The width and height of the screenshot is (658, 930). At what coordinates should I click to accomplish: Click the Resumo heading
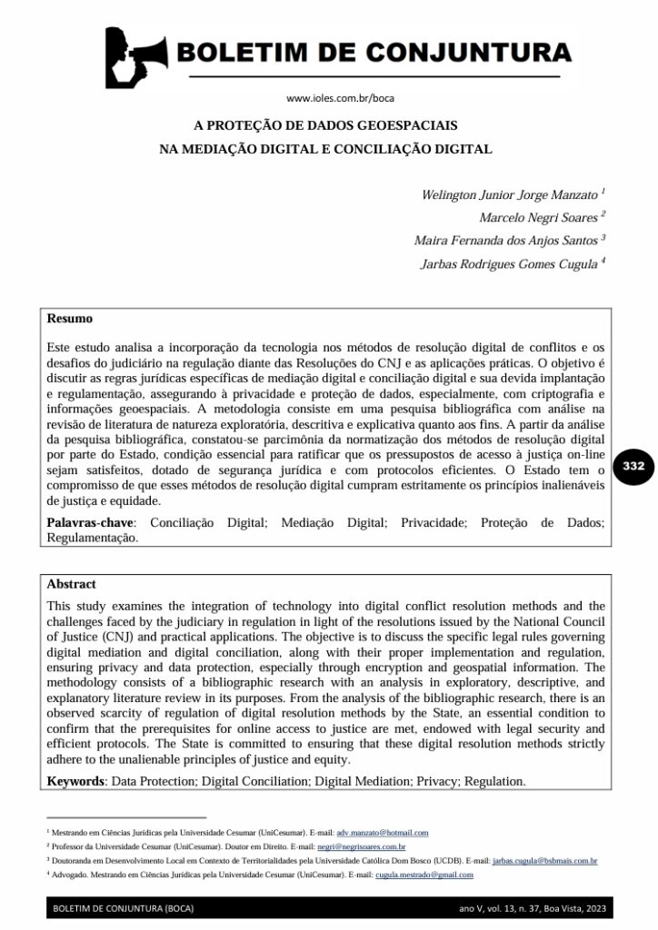tap(69, 320)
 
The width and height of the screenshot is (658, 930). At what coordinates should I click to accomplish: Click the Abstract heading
tap(71, 584)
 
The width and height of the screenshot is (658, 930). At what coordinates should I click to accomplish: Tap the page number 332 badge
tap(633, 466)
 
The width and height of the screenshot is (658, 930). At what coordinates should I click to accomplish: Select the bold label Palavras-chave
tap(88, 524)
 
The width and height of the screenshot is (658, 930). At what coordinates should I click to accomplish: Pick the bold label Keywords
tap(75, 780)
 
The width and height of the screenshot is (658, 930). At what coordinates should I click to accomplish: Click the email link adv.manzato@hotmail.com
tap(382, 832)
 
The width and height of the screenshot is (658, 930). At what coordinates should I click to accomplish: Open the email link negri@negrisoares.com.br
tap(361, 846)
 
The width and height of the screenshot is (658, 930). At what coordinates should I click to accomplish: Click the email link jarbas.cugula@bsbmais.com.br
tap(544, 860)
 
